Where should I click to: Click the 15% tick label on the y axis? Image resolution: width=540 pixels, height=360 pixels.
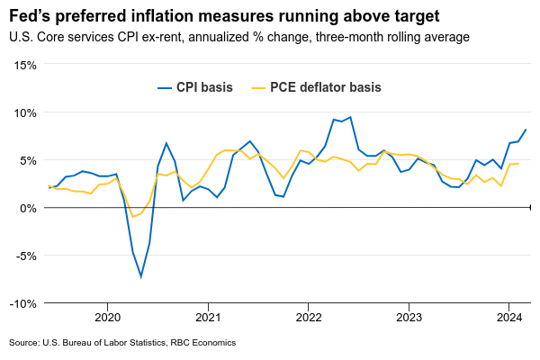pyautogui.click(x=24, y=65)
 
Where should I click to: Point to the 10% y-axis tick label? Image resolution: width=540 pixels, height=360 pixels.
pyautogui.click(x=24, y=112)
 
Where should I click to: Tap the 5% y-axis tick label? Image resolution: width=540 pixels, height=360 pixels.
pyautogui.click(x=27, y=160)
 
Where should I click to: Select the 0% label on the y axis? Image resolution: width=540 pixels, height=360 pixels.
pyautogui.click(x=27, y=208)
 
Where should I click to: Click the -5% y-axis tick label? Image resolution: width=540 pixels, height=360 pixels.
pyautogui.click(x=25, y=256)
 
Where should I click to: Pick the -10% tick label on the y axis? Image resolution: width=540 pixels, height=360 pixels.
pyautogui.click(x=22, y=303)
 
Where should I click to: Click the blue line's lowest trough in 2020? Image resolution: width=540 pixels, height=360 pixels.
pyautogui.click(x=141, y=276)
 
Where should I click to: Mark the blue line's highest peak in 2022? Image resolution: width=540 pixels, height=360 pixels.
pyautogui.click(x=350, y=117)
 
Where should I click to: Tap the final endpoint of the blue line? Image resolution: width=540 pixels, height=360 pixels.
pyautogui.click(x=526, y=130)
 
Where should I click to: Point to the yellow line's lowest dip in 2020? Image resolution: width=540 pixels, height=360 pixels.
pyautogui.click(x=133, y=217)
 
